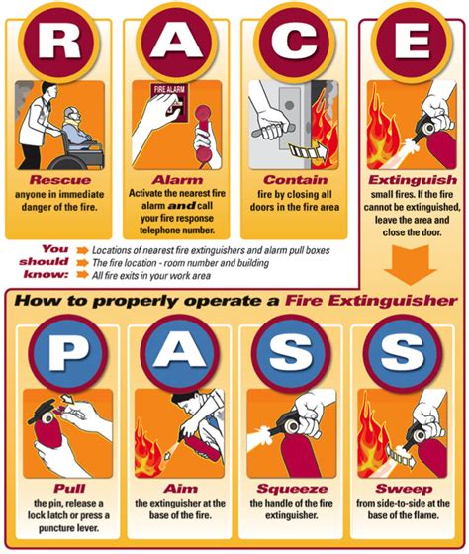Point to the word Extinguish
408,182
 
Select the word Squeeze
293,488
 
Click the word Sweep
408,488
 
